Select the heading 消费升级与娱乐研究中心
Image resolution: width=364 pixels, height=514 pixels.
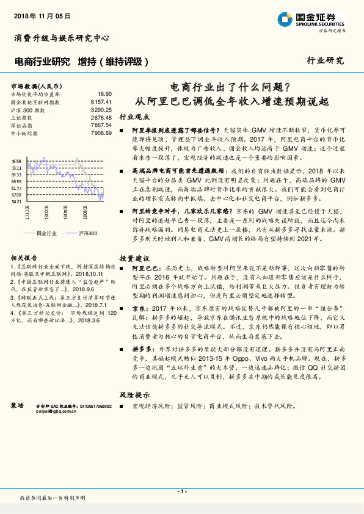tap(61, 38)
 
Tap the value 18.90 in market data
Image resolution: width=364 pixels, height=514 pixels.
tap(104, 94)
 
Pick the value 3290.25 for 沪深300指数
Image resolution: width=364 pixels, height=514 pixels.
tap(101, 109)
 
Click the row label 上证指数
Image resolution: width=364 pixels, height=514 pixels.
tap(21, 117)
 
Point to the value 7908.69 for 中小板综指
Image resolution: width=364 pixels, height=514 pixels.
tap(101, 132)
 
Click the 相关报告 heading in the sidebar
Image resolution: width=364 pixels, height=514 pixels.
tap(24, 258)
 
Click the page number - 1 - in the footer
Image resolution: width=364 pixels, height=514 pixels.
tap(181, 491)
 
